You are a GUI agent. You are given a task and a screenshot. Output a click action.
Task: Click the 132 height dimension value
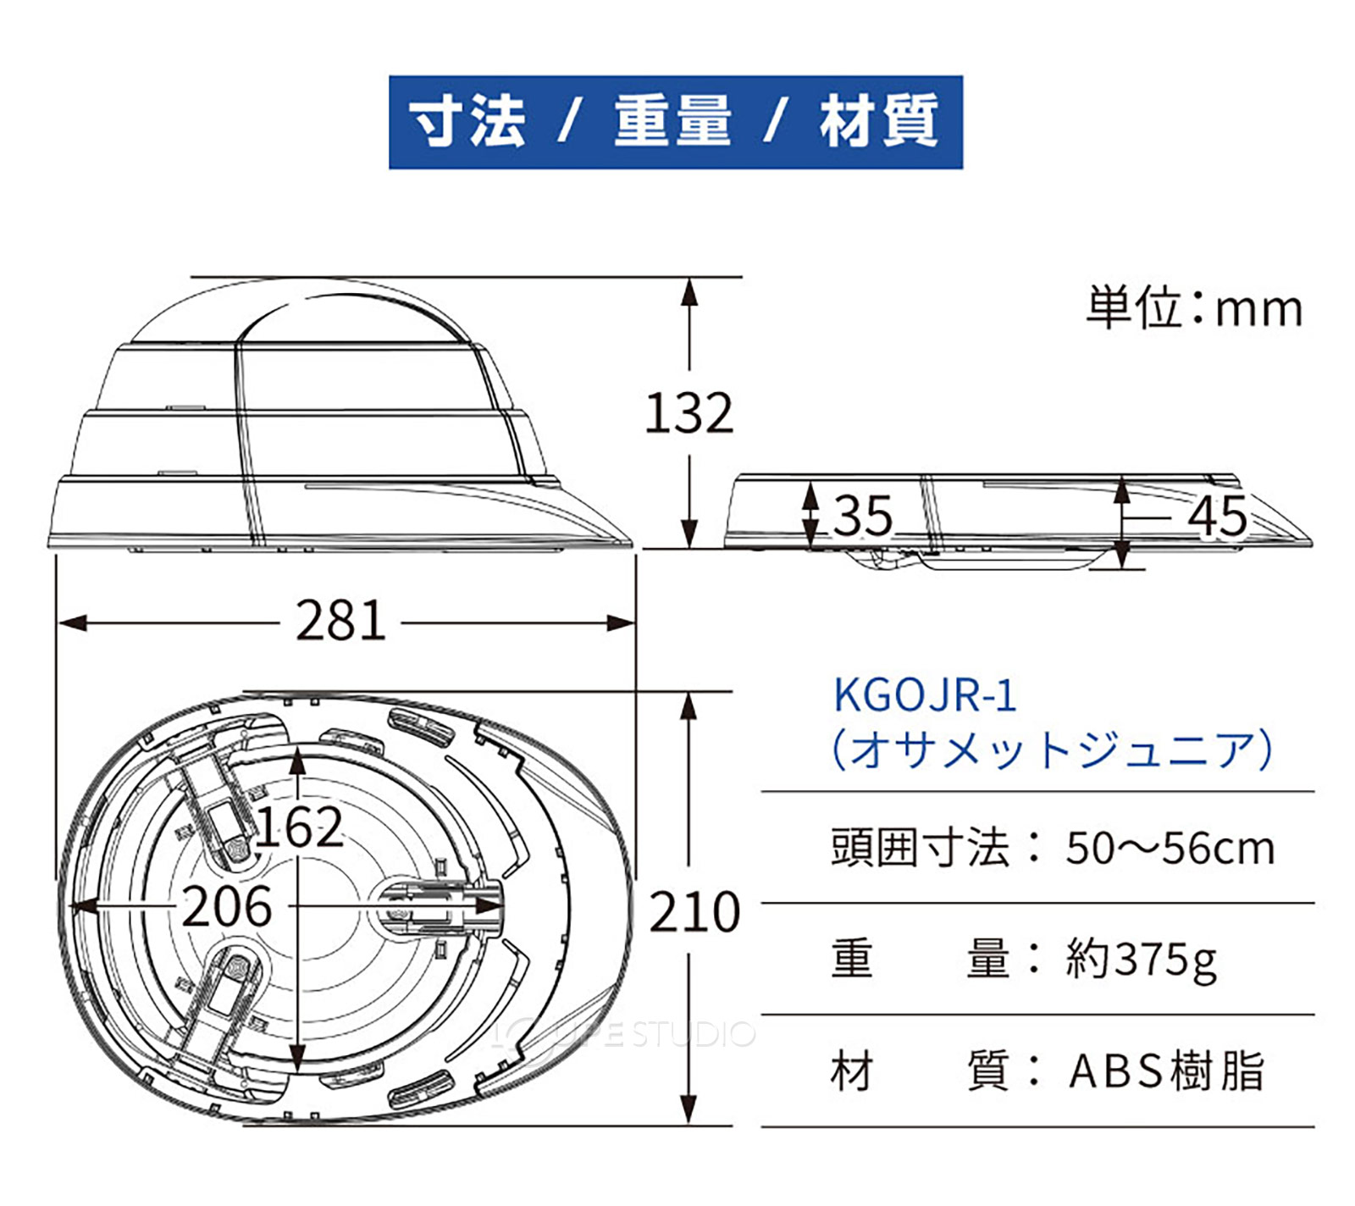[x=689, y=413]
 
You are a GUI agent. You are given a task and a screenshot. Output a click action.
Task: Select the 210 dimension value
[x=694, y=912]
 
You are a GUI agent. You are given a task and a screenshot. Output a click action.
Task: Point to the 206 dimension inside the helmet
[x=227, y=906]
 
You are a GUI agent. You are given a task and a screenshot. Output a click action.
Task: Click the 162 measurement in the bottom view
[x=299, y=827]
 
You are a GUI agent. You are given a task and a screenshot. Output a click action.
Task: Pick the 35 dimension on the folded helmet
[x=863, y=515]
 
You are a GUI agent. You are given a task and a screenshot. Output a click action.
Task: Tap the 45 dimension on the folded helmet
[x=1217, y=515]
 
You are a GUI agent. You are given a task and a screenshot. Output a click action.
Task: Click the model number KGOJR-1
[x=924, y=695]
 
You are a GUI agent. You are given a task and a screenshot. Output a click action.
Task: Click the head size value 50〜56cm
[x=1170, y=848]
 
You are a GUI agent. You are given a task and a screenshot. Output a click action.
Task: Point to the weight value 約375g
[x=1142, y=960]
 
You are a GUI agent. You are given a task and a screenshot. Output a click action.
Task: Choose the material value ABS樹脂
[x=1166, y=1070]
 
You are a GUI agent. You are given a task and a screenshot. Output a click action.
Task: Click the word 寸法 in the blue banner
[x=467, y=121]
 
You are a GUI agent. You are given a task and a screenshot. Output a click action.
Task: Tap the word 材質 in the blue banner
[x=878, y=121]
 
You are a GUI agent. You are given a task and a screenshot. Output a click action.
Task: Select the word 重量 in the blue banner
[x=672, y=121]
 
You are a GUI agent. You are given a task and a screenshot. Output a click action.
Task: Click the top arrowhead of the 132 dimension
[x=690, y=290]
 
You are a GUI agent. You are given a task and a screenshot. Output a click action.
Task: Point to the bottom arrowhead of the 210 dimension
[x=689, y=1113]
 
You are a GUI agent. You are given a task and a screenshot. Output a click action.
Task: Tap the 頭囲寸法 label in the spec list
[x=920, y=848]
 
